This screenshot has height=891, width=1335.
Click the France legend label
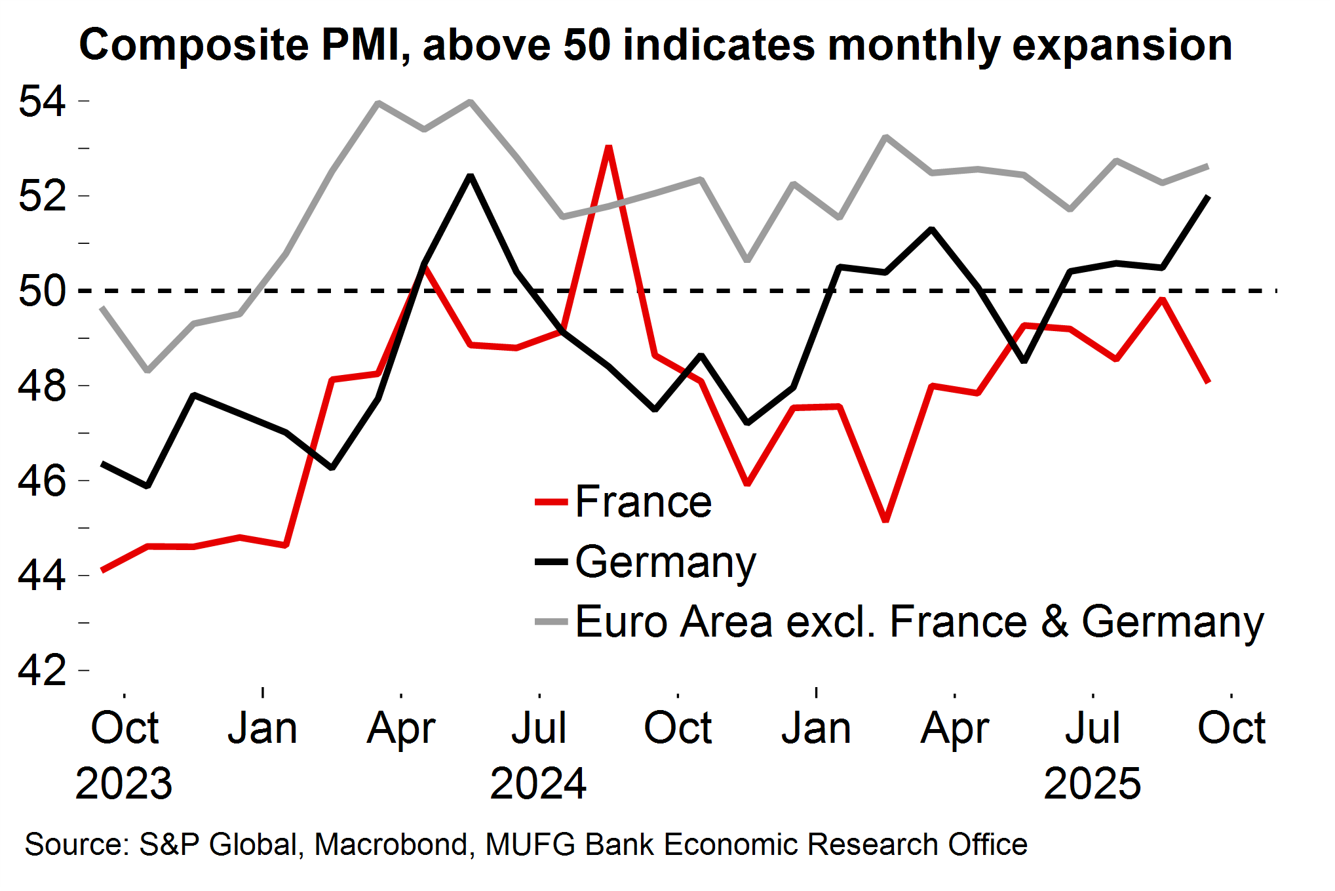pyautogui.click(x=643, y=502)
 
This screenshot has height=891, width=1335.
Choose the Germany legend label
pyautogui.click(x=665, y=562)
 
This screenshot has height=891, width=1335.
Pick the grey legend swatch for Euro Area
pyautogui.click(x=551, y=622)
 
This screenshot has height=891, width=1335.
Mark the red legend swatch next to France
pyautogui.click(x=551, y=502)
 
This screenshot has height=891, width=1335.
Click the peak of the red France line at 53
pyautogui.click(x=609, y=147)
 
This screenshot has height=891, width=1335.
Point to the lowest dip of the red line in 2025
pyautogui.click(x=886, y=521)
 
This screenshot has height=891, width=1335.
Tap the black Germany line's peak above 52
pyautogui.click(x=470, y=176)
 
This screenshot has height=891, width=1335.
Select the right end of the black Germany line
pyautogui.click(x=1208, y=197)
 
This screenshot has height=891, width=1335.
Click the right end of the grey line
pyautogui.click(x=1208, y=166)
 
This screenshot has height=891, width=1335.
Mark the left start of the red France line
pyautogui.click(x=102, y=571)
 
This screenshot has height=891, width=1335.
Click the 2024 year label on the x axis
pyautogui.click(x=538, y=783)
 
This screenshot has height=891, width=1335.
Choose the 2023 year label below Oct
pyautogui.click(x=124, y=783)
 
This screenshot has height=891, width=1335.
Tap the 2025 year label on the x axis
pyautogui.click(x=1092, y=783)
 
